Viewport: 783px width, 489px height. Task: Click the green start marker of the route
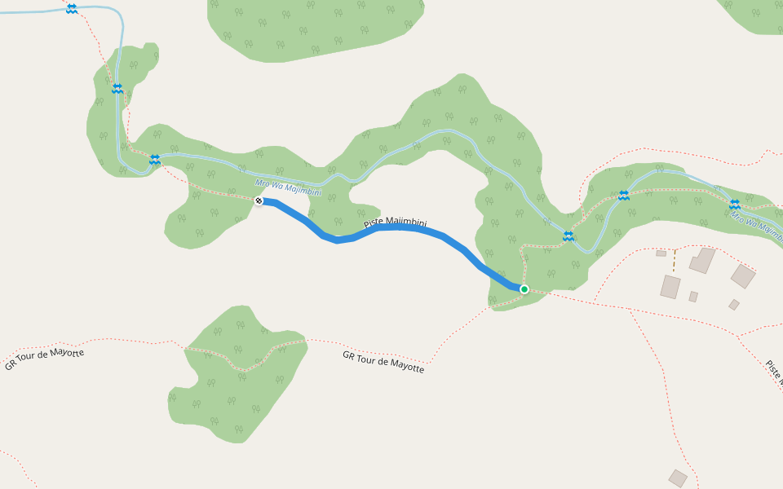[524, 289]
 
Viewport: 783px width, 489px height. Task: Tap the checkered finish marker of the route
[259, 200]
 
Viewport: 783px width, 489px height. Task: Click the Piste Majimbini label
[395, 225]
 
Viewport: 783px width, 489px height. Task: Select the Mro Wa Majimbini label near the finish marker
[288, 187]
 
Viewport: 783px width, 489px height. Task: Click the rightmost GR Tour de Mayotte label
[383, 362]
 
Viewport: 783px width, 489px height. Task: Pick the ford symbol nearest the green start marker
[568, 236]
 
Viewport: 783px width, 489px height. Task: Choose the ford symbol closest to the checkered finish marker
[154, 159]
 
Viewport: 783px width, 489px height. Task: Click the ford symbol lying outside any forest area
[72, 8]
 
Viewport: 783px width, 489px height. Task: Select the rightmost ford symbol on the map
[734, 205]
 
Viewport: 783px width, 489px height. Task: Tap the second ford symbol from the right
[624, 196]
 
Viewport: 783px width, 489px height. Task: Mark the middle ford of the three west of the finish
[117, 88]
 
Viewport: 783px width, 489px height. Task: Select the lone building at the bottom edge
[678, 478]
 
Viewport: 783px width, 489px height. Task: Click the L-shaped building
[701, 261]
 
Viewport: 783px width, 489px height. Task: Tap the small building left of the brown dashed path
[661, 253]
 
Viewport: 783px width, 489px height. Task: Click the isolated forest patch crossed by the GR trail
[237, 383]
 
